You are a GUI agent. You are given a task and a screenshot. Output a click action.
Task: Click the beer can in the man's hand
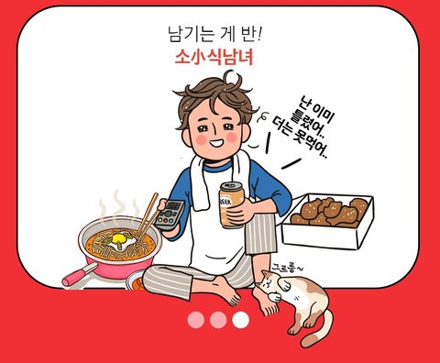[x=231, y=205]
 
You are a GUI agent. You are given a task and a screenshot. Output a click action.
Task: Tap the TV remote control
[x=170, y=214]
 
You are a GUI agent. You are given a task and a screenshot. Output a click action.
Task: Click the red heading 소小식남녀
[x=214, y=58]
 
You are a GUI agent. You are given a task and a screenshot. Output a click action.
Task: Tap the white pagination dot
[x=240, y=320]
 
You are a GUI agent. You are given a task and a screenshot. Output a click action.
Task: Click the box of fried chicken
[x=327, y=222]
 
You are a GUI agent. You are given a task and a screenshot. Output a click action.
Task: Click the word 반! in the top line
[x=248, y=34]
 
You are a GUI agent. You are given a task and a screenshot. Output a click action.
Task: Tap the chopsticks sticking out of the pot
[x=148, y=214]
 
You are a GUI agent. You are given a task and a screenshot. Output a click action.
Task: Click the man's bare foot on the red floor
[x=227, y=291]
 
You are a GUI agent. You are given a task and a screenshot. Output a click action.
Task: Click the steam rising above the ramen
[x=117, y=203]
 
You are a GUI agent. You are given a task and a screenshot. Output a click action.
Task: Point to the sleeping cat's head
[x=268, y=280]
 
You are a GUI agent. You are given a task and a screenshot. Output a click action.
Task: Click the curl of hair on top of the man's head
[x=231, y=78]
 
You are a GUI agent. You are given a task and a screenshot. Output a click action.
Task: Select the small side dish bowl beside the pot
[x=135, y=280]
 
